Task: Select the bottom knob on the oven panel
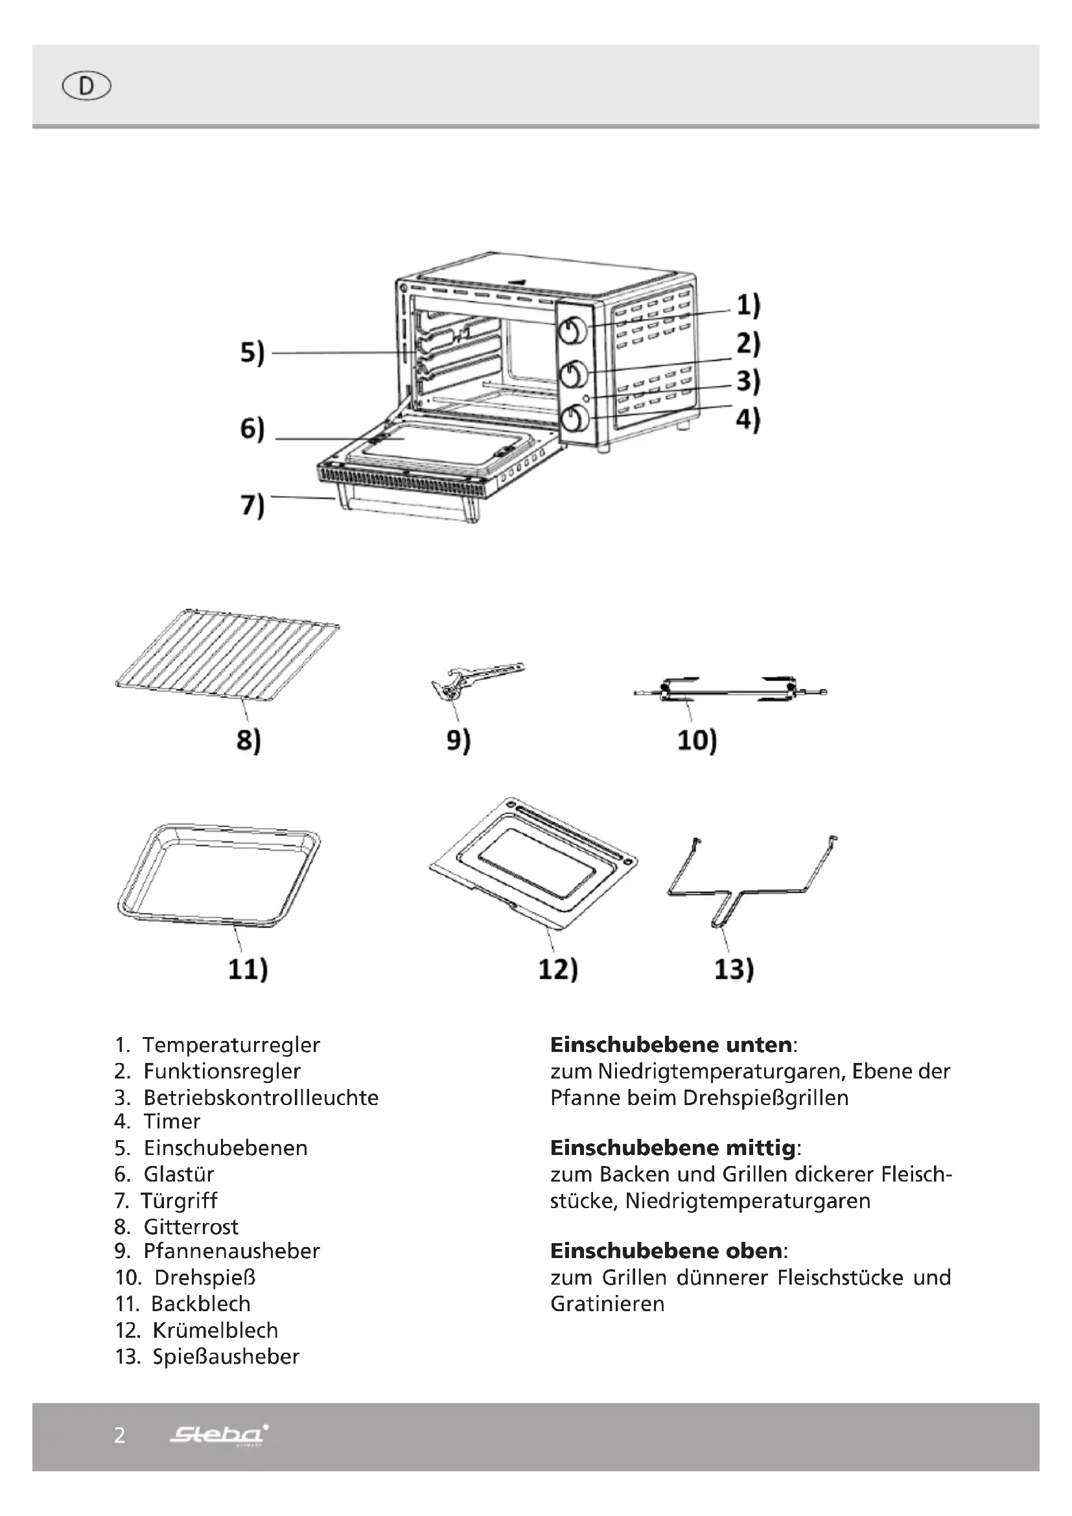click(x=574, y=419)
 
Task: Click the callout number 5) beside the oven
click(x=252, y=353)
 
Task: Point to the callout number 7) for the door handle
click(x=252, y=506)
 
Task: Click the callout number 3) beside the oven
click(x=748, y=381)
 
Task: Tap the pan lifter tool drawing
click(x=474, y=679)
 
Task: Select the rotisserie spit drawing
click(x=729, y=691)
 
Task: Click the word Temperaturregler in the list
click(x=231, y=1045)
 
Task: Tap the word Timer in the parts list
click(x=172, y=1121)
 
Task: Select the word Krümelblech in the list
click(x=215, y=1330)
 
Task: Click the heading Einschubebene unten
click(x=671, y=1045)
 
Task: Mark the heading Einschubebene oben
click(x=667, y=1250)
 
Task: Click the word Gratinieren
click(x=607, y=1303)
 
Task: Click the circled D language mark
click(x=86, y=86)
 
